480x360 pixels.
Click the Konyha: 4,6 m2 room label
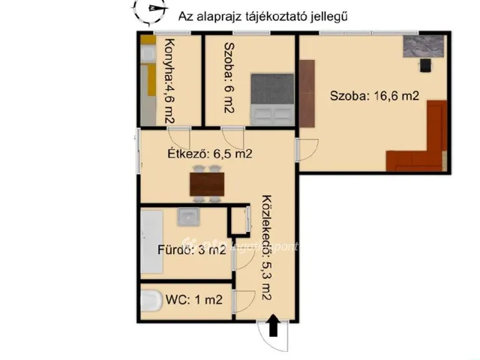tap(169, 80)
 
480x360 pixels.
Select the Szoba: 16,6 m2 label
tap(374, 96)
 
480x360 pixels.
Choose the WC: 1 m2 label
tap(193, 300)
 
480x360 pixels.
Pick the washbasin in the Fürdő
tap(187, 217)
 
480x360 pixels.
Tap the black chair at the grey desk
tap(426, 65)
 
